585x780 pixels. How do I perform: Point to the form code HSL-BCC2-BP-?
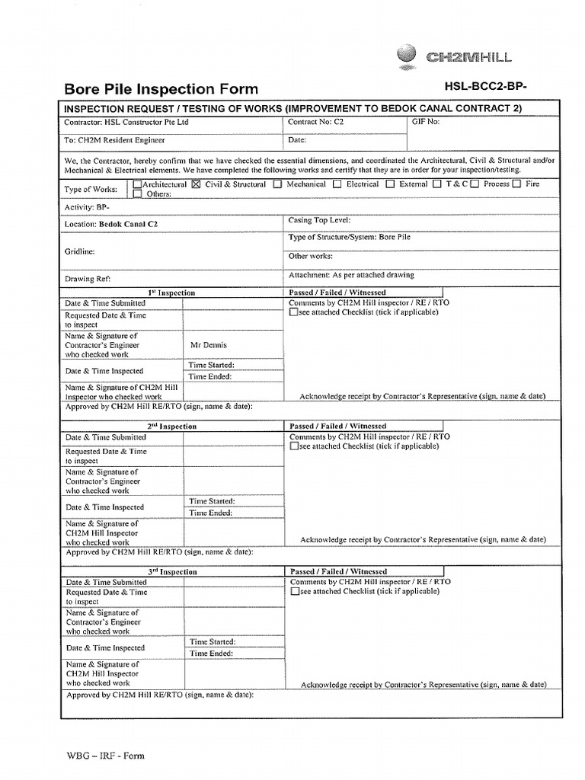(x=485, y=87)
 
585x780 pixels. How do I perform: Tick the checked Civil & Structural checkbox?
(x=197, y=184)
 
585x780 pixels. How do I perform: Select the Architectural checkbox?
(x=136, y=184)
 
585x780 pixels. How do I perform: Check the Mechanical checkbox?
(x=278, y=184)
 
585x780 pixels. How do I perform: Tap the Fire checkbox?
(x=517, y=184)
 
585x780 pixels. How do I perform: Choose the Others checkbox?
(x=136, y=194)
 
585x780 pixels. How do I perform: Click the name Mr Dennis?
(x=209, y=345)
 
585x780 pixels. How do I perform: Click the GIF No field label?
(x=424, y=121)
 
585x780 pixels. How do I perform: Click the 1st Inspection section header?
(x=171, y=293)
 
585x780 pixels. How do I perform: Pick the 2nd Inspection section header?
(x=171, y=427)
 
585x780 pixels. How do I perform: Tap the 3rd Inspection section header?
(x=171, y=572)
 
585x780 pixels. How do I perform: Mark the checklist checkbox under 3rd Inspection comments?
(x=293, y=592)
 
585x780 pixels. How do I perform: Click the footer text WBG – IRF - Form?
(x=104, y=756)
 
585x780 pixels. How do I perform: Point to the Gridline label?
(x=80, y=251)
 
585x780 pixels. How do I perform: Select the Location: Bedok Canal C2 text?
(x=111, y=225)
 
